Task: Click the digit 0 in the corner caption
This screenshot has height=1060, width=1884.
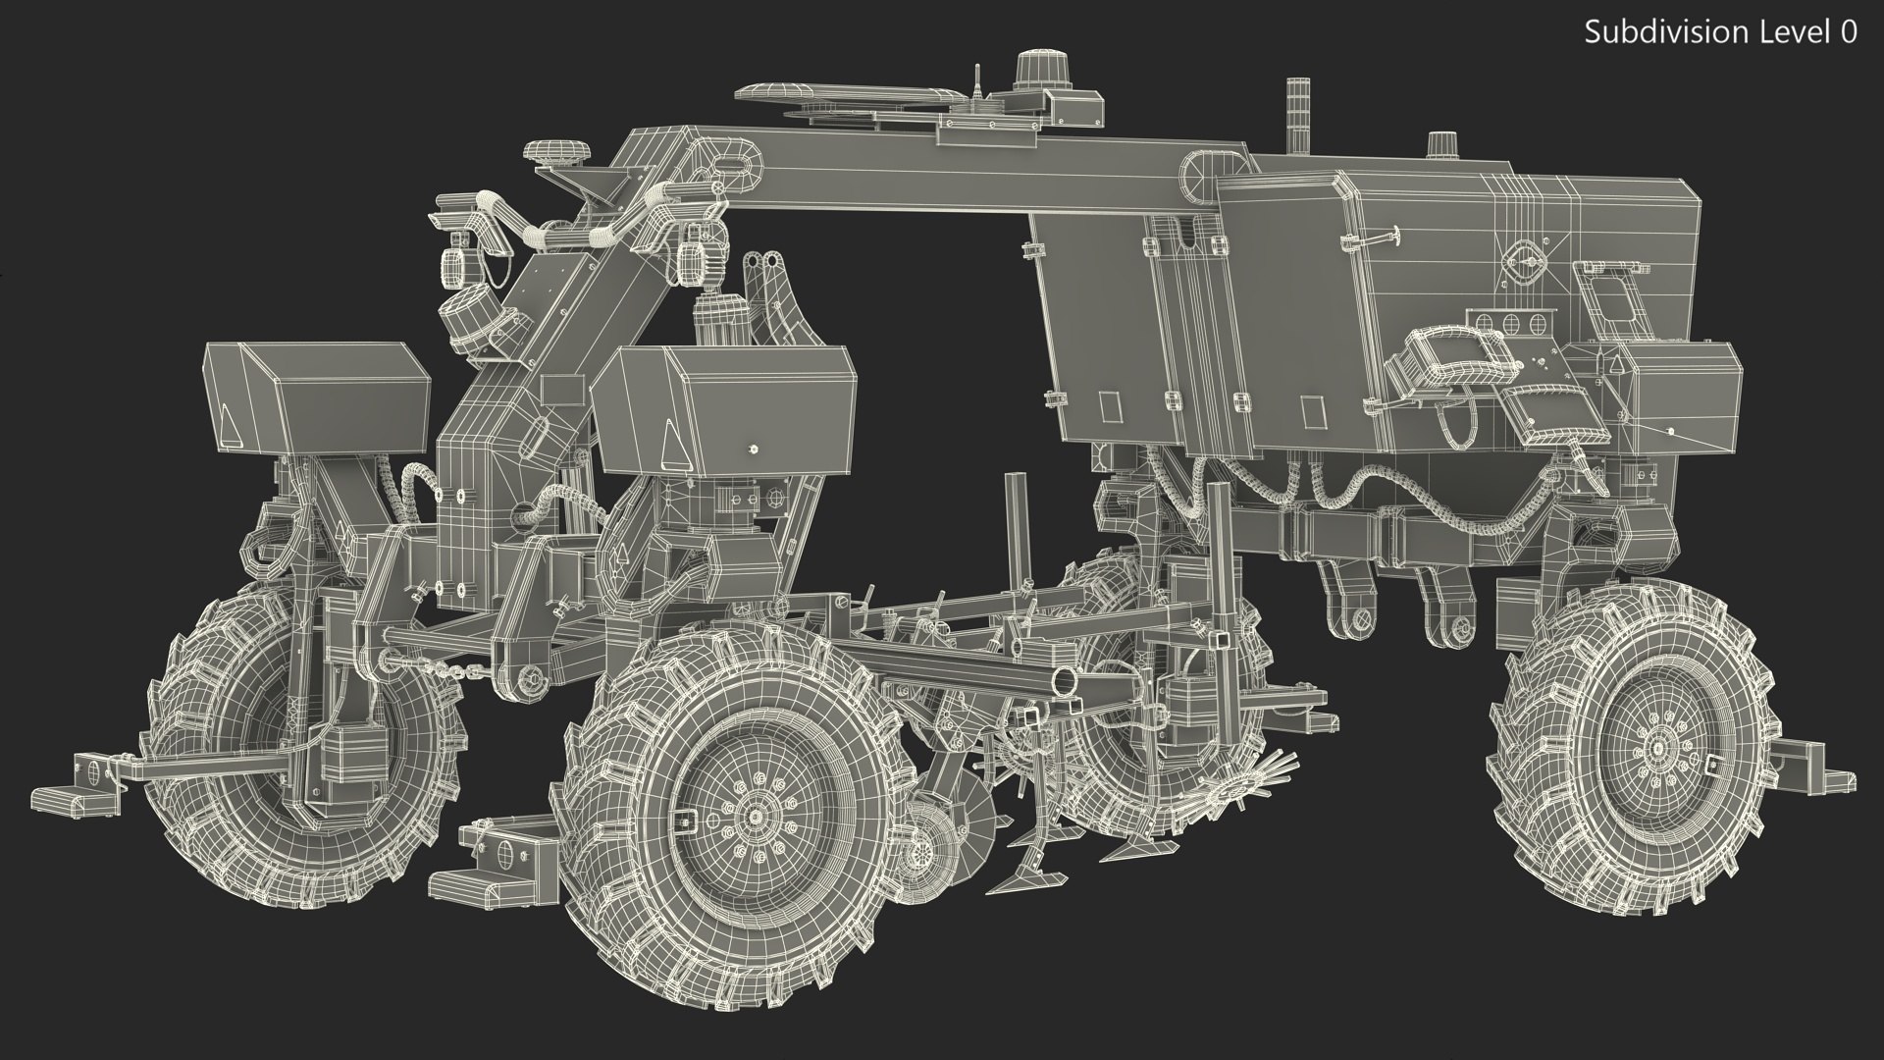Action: (1847, 32)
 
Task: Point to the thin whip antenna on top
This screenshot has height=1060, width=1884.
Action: (977, 82)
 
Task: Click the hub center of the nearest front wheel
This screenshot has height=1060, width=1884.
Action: (757, 818)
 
